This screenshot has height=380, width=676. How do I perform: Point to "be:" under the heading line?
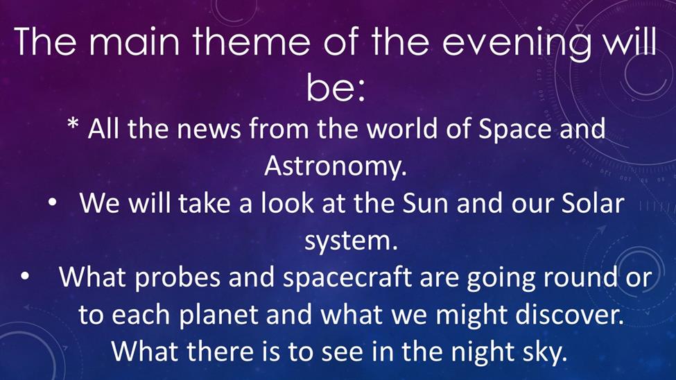click(x=336, y=87)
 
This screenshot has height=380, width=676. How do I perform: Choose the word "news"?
click(x=209, y=129)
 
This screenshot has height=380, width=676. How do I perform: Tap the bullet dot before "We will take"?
click(x=52, y=202)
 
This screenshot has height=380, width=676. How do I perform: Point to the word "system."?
click(x=351, y=241)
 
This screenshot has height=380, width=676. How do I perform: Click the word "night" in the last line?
click(x=483, y=353)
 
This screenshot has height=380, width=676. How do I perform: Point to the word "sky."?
click(x=544, y=353)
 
